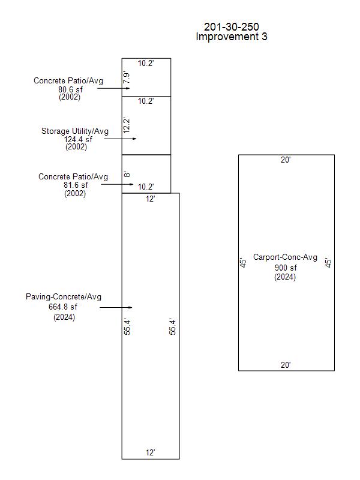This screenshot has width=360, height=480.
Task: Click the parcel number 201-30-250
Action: (232, 27)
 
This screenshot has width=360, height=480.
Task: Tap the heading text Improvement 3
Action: (232, 37)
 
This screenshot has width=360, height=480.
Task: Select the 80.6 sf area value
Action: (70, 89)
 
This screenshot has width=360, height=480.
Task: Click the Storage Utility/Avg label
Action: (75, 131)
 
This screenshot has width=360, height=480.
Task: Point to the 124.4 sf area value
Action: (78, 139)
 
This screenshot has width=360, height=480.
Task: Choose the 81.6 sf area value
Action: (75, 185)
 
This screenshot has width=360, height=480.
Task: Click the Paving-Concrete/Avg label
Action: (64, 297)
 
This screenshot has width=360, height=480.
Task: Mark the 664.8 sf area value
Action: (64, 307)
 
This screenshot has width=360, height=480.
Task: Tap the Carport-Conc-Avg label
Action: (285, 257)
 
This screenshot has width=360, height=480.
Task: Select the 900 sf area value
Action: (285, 268)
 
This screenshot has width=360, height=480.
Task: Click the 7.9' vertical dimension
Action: (127, 77)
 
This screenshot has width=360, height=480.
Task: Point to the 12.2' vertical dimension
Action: (127, 125)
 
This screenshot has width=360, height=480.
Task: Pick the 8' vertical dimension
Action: (127, 175)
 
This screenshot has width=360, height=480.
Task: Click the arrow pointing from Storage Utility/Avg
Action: (121, 139)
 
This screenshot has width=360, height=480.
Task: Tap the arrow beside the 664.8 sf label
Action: (115, 307)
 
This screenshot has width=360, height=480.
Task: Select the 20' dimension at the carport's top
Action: (286, 160)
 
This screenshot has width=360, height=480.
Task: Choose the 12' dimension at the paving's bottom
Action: (151, 453)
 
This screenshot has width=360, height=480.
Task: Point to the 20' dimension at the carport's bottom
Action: (286, 365)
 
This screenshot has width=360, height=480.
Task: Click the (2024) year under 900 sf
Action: (285, 277)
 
